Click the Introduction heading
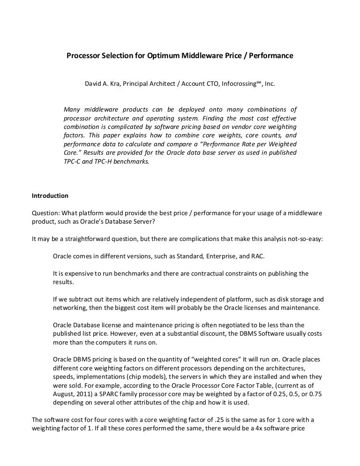50,195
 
